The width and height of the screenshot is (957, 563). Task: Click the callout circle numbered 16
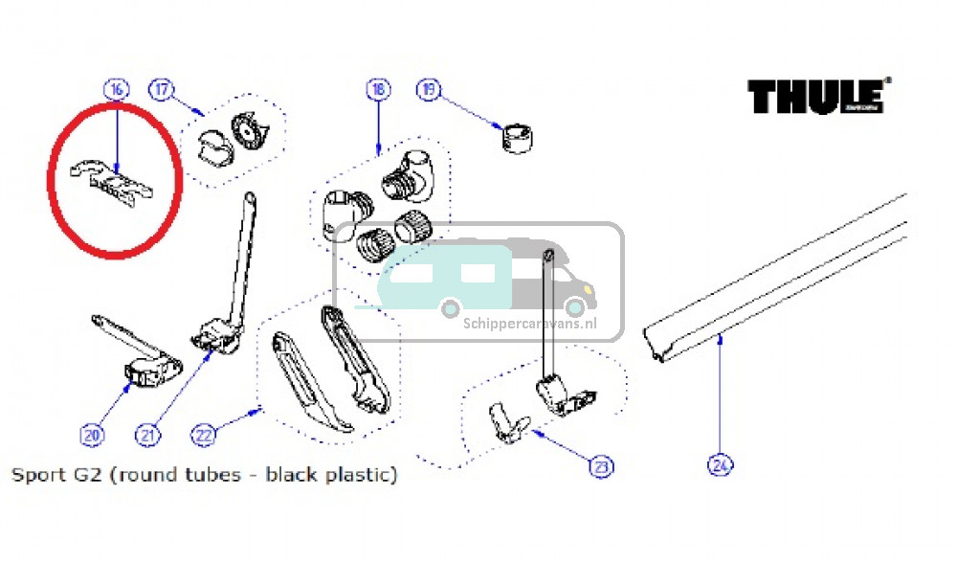116,90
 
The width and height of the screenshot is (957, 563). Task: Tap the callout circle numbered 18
378,90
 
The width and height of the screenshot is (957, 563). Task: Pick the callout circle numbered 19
428,90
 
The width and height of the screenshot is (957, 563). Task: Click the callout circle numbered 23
600,467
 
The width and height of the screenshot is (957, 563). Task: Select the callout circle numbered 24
720,466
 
